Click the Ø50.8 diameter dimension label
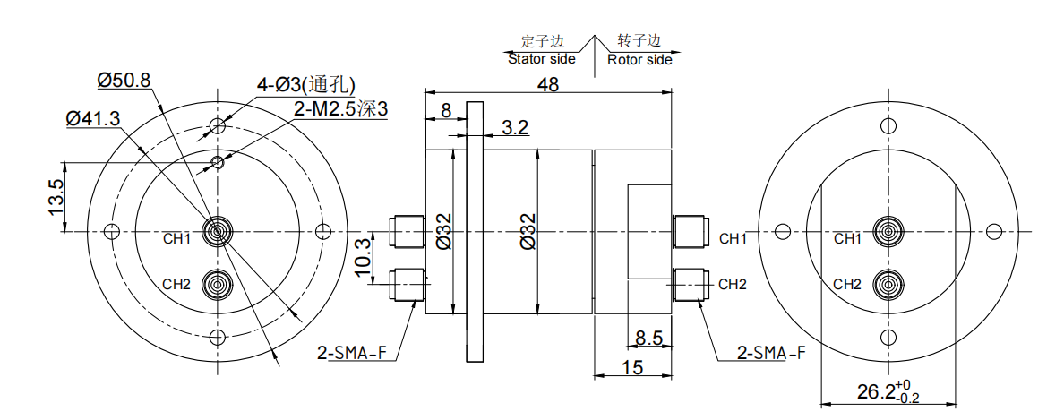(124, 80)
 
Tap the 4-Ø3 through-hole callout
(305, 84)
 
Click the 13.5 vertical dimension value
(55, 197)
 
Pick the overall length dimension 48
(547, 84)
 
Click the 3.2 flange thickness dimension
(515, 127)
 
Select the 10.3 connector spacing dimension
(364, 257)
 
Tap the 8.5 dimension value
(648, 338)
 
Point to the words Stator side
(541, 59)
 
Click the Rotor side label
(639, 59)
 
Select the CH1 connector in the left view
(217, 232)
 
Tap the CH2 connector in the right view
(888, 286)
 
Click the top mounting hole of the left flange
(217, 126)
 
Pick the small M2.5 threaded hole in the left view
(217, 163)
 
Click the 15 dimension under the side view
(632, 366)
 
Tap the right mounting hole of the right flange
(994, 232)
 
